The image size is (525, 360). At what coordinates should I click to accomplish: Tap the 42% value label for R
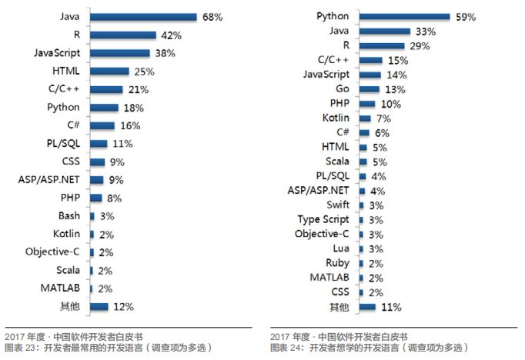pyautogui.click(x=171, y=35)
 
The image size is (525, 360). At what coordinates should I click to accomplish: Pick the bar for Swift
pyautogui.click(x=362, y=205)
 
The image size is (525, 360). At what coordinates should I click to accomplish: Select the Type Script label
pyautogui.click(x=323, y=219)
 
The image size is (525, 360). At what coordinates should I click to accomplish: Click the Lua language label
pyautogui.click(x=340, y=248)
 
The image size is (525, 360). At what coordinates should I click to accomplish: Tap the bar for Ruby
pyautogui.click(x=361, y=263)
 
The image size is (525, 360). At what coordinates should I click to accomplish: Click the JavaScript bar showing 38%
pyautogui.click(x=120, y=53)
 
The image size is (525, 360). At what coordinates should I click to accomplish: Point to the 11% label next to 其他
pyautogui.click(x=391, y=307)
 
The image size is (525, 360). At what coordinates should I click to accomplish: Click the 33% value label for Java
pyautogui.click(x=426, y=32)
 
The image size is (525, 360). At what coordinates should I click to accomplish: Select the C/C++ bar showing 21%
pyautogui.click(x=107, y=89)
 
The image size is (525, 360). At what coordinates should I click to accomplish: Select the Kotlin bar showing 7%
pyautogui.click(x=365, y=118)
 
